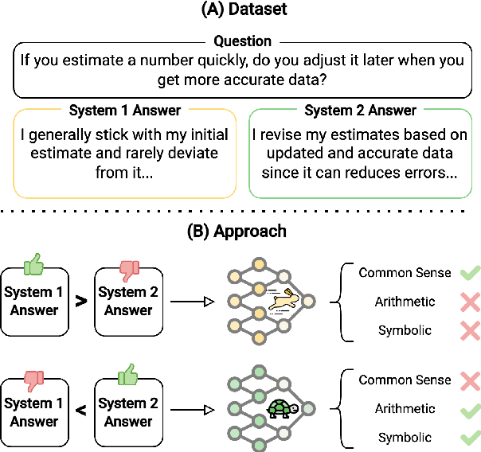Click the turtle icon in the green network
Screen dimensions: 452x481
pos(281,408)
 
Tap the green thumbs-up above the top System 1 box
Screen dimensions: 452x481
pos(33,263)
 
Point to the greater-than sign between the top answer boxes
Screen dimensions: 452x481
pos(80,302)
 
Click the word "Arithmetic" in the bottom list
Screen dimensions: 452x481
pos(407,409)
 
